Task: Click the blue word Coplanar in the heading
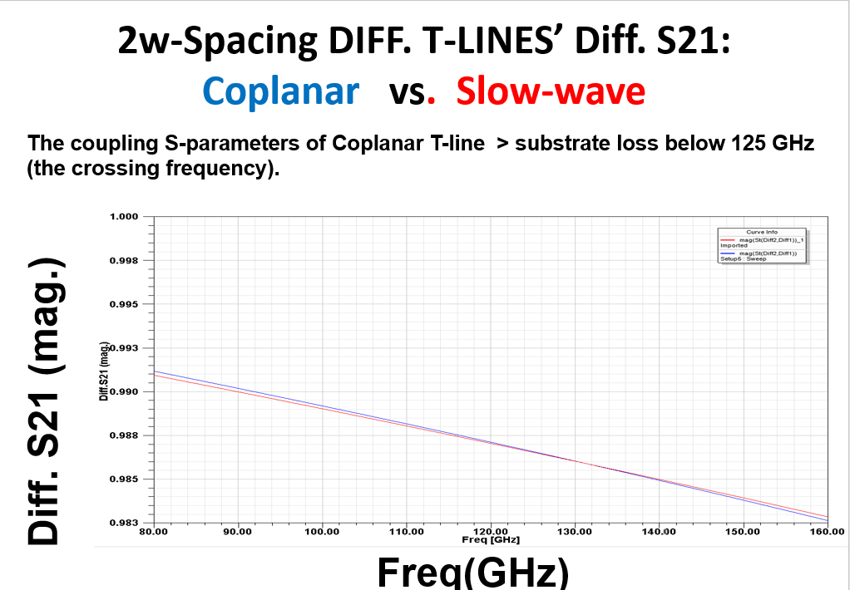281,91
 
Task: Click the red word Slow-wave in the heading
551,91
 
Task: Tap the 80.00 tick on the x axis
155,531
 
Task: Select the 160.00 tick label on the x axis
827,531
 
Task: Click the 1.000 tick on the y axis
123,217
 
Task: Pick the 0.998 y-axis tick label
123,261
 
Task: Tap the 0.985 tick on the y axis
123,479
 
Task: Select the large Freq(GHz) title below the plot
472,572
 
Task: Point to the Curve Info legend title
762,232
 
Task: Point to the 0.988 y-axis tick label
123,435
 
